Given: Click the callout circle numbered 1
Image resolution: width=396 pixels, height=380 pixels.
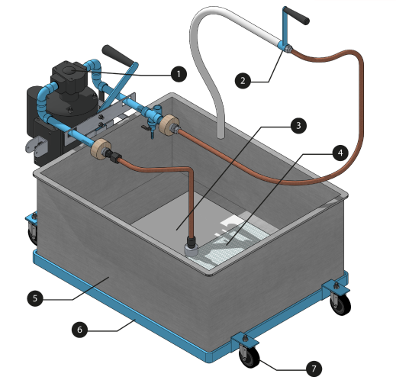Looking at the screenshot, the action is click(x=179, y=74).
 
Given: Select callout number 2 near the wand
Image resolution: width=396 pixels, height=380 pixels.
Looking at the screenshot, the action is click(x=243, y=81).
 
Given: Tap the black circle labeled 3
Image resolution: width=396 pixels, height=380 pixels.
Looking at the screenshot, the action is click(x=298, y=125).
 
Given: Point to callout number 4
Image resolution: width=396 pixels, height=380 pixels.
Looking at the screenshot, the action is click(x=340, y=153).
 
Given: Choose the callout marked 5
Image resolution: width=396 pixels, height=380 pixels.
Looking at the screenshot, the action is click(x=35, y=298).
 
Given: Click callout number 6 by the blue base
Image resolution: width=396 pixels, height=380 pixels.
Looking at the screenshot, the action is click(x=79, y=330).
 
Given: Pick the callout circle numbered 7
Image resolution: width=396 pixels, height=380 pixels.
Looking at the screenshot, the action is click(x=314, y=369).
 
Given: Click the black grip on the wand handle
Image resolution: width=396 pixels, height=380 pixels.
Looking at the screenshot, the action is click(x=297, y=16).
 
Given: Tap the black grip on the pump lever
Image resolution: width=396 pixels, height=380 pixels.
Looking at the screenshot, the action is click(x=118, y=55).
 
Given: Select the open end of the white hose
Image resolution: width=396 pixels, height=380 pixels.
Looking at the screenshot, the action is click(x=221, y=137).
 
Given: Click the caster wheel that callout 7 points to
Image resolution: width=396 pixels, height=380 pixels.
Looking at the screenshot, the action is click(x=250, y=356).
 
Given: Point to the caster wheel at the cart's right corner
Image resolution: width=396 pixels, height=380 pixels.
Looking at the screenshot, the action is click(x=340, y=304).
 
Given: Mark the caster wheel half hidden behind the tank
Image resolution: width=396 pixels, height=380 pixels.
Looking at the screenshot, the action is click(x=33, y=233).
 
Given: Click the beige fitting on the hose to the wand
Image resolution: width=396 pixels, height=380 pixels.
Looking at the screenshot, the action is click(x=168, y=124).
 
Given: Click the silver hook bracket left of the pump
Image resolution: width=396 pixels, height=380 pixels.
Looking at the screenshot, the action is click(x=37, y=146).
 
